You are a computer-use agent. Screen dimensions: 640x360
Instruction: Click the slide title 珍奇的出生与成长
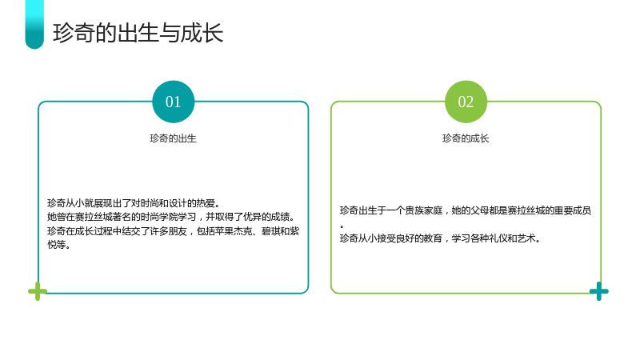pyautogui.click(x=138, y=33)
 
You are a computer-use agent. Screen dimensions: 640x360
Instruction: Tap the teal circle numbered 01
pyautogui.click(x=173, y=102)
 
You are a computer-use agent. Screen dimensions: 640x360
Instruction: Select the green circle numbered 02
pyautogui.click(x=466, y=102)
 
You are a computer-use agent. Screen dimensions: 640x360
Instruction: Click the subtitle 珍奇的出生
pyautogui.click(x=173, y=138)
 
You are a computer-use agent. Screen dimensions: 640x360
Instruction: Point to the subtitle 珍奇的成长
pyautogui.click(x=466, y=138)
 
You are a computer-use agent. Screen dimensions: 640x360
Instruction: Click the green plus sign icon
pyautogui.click(x=38, y=291)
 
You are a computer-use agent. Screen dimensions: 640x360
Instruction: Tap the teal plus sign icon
pyautogui.click(x=598, y=291)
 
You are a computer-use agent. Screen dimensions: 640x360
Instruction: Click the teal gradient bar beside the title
pyautogui.click(x=34, y=25)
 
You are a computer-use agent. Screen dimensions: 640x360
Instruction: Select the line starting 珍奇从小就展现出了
pyautogui.click(x=134, y=203)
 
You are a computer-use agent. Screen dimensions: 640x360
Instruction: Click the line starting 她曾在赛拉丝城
pyautogui.click(x=171, y=217)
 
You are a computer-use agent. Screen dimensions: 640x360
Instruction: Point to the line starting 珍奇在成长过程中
pyautogui.click(x=173, y=231)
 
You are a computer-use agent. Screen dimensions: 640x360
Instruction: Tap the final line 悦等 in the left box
pyautogui.click(x=58, y=245)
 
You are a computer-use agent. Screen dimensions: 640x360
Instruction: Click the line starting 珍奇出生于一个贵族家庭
pyautogui.click(x=466, y=210)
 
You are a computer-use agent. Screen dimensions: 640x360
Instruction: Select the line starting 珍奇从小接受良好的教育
pyautogui.click(x=440, y=238)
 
